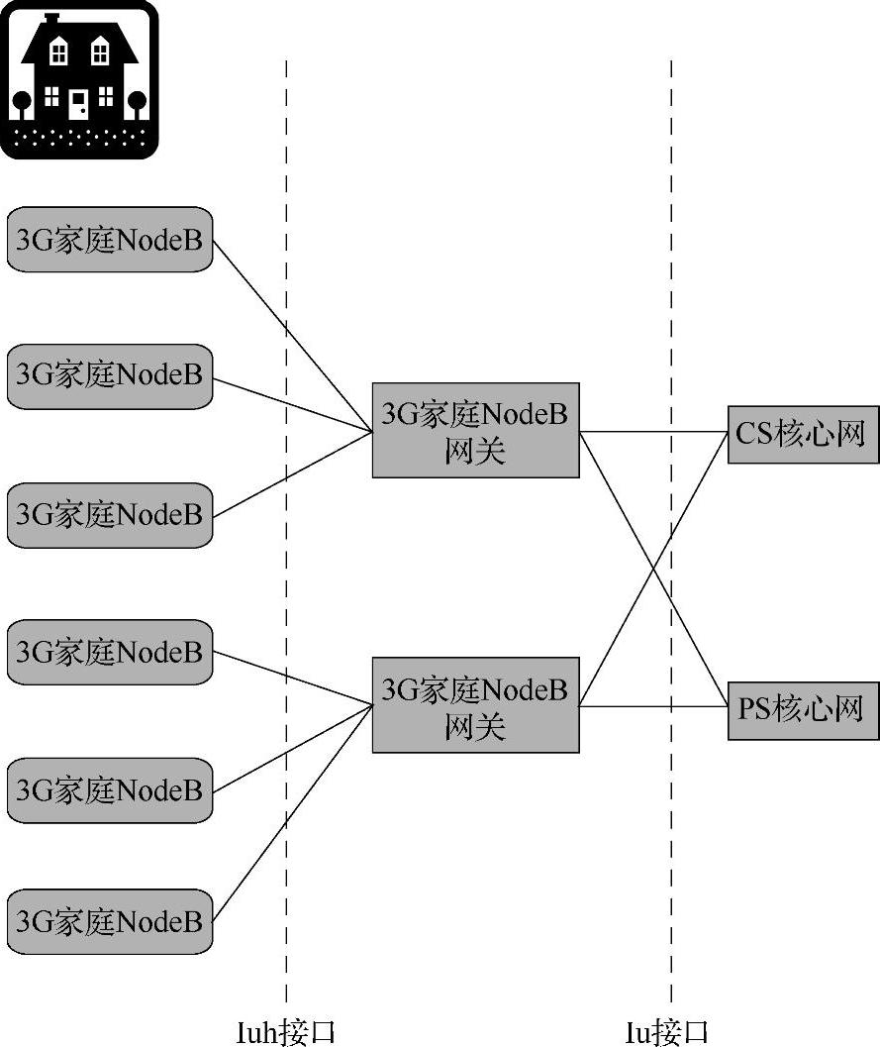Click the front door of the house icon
click(x=78, y=103)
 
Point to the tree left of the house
click(x=20, y=103)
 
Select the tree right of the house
click(x=137, y=103)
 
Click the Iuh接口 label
click(x=286, y=1032)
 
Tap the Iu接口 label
click(x=667, y=1032)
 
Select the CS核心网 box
click(x=803, y=434)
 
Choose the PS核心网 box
click(x=803, y=709)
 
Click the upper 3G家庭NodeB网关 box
click(x=475, y=430)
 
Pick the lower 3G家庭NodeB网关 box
click(x=475, y=704)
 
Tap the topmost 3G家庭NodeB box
click(x=110, y=239)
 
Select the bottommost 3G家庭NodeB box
click(x=110, y=922)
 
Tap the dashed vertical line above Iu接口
click(x=671, y=842)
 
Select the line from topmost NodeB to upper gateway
click(x=292, y=334)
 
